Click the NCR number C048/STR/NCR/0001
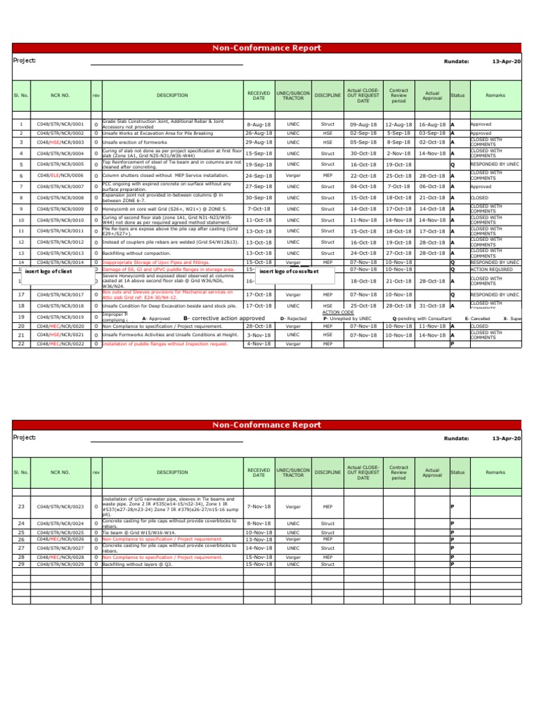(60, 124)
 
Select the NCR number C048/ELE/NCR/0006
(60, 176)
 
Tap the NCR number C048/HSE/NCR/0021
(60, 335)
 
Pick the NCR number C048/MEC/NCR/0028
(60, 557)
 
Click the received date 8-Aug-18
(259, 124)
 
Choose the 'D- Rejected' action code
(293, 319)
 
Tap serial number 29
(21, 564)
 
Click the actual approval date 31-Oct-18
(432, 306)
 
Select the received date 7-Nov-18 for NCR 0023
(259, 507)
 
